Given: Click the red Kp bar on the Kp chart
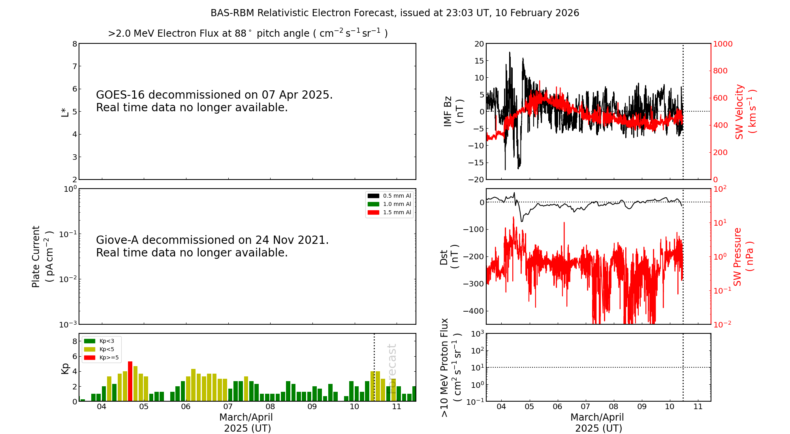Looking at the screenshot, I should (130, 381).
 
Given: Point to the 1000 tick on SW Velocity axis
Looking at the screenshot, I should (722, 44).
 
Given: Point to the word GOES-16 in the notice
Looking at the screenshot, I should (120, 95).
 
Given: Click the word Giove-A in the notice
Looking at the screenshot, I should (117, 240).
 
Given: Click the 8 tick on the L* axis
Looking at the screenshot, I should (75, 44).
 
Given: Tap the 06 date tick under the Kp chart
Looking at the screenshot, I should (186, 407).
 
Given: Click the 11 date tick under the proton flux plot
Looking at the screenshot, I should (698, 407).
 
